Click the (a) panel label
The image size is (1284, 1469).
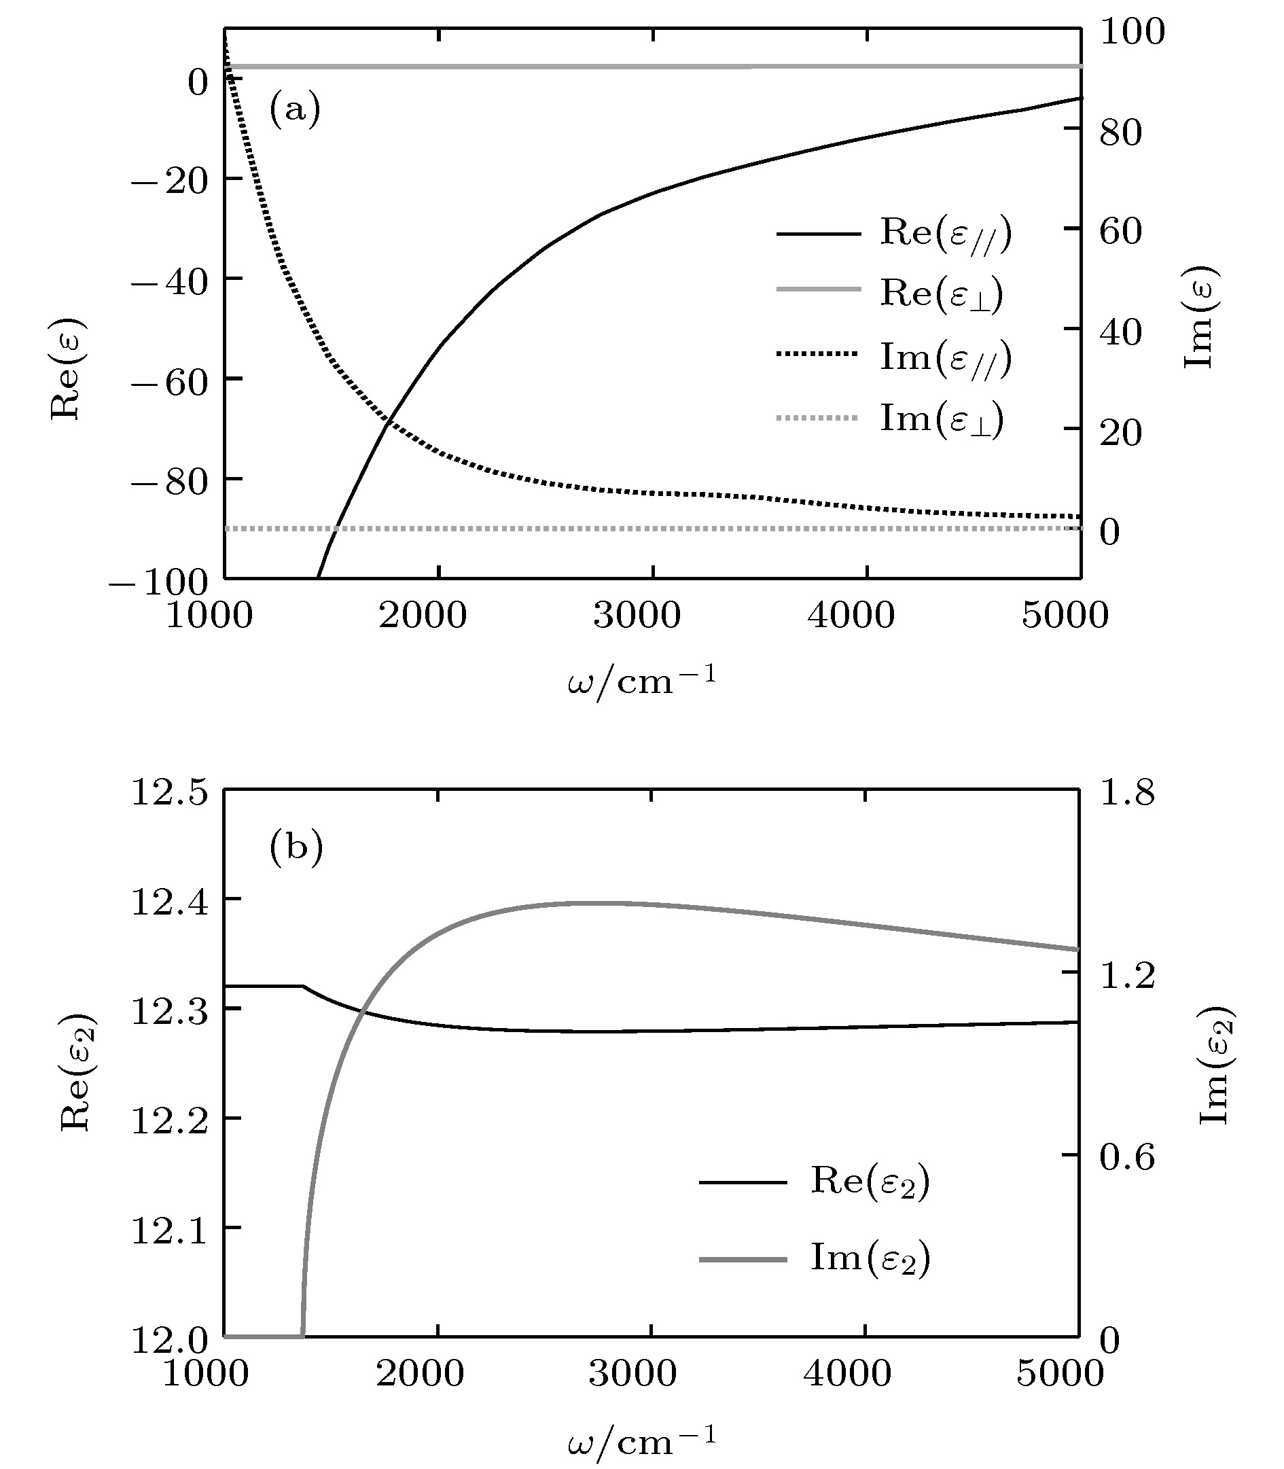[x=294, y=109]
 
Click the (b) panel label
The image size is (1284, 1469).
[x=296, y=847]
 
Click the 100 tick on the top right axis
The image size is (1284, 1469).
[x=1132, y=31]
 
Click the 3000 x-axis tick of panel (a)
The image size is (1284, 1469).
[x=637, y=615]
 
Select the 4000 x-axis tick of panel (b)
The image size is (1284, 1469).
[x=848, y=1373]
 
